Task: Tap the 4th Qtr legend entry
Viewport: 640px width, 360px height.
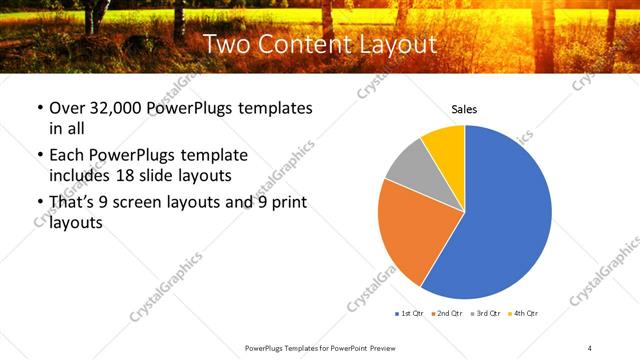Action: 523,314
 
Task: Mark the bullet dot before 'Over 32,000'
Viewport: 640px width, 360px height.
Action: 39,108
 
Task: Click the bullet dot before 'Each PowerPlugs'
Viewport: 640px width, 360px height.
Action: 39,156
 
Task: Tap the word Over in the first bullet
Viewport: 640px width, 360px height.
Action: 67,108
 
